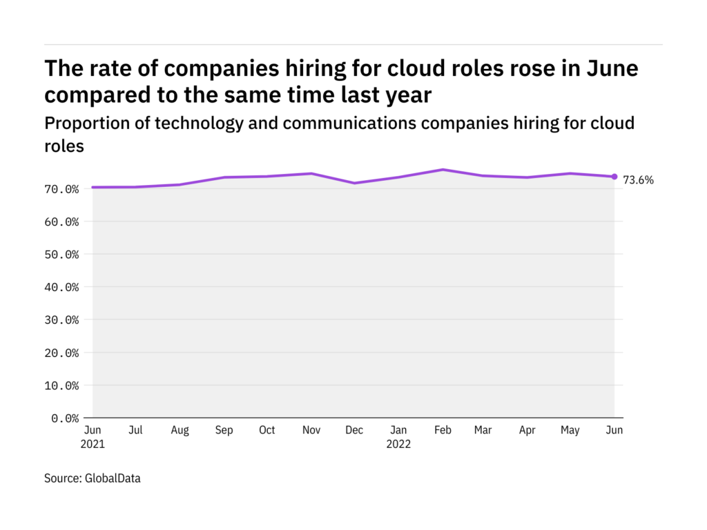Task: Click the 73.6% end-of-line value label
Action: pyautogui.click(x=638, y=180)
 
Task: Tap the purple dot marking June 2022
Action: pyautogui.click(x=614, y=177)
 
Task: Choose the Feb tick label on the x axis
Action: pyautogui.click(x=443, y=430)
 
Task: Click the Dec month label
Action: pyautogui.click(x=354, y=430)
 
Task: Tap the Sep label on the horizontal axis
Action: pyautogui.click(x=224, y=430)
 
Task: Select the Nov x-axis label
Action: pyautogui.click(x=311, y=430)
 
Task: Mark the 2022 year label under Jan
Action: pyautogui.click(x=398, y=444)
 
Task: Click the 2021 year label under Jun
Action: pyautogui.click(x=93, y=444)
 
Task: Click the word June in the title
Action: pyautogui.click(x=613, y=69)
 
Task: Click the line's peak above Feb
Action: pyautogui.click(x=443, y=169)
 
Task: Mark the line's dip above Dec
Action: pyautogui.click(x=354, y=183)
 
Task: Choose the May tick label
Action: pyautogui.click(x=570, y=430)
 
